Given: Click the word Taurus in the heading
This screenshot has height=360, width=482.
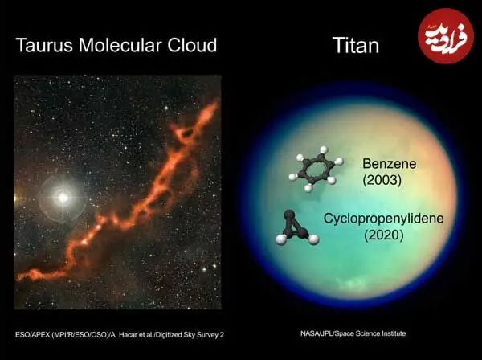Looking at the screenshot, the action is (44, 45).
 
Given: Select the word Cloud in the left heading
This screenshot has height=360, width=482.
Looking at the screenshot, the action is (192, 45).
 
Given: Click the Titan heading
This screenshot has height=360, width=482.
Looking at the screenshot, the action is (356, 46).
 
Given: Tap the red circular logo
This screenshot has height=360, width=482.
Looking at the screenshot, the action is (445, 36).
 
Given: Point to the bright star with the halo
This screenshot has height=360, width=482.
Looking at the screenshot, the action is (63, 198).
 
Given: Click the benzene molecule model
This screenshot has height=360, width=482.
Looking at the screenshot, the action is (316, 169).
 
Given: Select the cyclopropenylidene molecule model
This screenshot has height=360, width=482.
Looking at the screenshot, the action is (297, 227).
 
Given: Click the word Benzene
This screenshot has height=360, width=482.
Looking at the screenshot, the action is (389, 164).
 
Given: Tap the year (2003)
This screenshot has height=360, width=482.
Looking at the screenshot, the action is (382, 180).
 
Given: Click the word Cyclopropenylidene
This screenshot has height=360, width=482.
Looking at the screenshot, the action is (383, 219).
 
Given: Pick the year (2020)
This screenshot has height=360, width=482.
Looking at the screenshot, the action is (384, 235).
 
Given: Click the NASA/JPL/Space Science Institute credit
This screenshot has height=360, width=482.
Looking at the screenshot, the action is (353, 333).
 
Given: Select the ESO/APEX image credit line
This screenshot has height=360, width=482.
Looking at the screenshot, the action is (120, 335).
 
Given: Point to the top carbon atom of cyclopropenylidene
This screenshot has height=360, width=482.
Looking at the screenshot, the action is (289, 215).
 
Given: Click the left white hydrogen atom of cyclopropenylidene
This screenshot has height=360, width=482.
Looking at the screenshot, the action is (280, 239).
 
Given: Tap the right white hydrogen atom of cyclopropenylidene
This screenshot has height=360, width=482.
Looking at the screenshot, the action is (313, 239).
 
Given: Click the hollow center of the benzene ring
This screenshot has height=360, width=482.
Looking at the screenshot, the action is (316, 169).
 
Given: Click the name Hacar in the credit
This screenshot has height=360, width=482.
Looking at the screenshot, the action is (127, 335).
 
